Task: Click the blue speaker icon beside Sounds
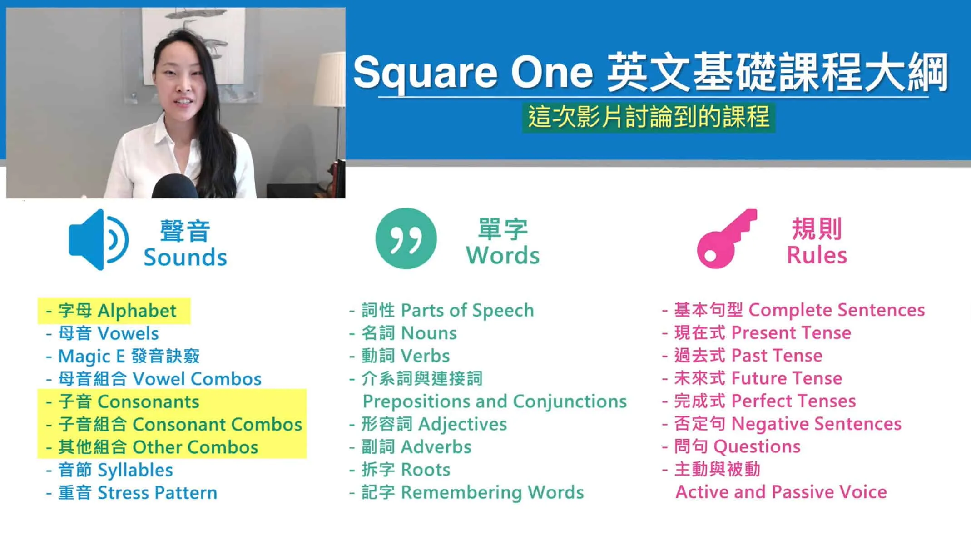tap(98, 239)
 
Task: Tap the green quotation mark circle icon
tap(406, 238)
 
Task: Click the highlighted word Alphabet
tap(137, 311)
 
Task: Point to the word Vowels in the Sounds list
tap(129, 334)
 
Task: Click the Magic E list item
tap(123, 357)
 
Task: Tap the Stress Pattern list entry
tap(132, 493)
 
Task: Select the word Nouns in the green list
tap(429, 333)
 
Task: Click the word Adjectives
tap(462, 425)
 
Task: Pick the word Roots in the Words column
tap(426, 470)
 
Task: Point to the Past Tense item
tap(743, 356)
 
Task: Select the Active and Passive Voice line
tap(781, 492)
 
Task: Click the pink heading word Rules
tap(817, 255)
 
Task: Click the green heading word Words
tap(503, 255)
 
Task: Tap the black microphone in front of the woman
tap(175, 186)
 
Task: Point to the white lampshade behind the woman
tap(330, 79)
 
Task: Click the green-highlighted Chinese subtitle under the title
tap(649, 117)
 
